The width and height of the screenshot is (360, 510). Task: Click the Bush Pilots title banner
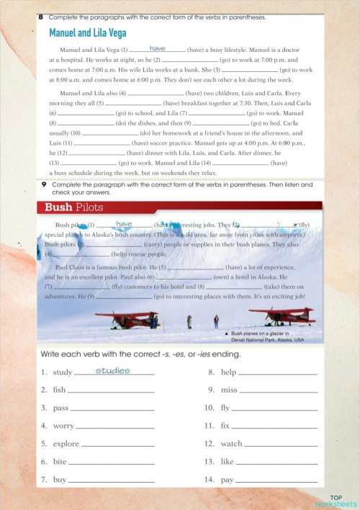click(x=74, y=207)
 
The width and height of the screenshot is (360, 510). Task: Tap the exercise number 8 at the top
click(x=41, y=16)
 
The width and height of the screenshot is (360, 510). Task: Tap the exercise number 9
click(x=43, y=185)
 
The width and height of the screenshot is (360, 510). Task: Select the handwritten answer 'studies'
click(x=112, y=371)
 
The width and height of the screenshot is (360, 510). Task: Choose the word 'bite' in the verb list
click(x=60, y=462)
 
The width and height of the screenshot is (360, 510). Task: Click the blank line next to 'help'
click(x=277, y=375)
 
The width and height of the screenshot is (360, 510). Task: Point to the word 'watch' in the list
click(x=231, y=444)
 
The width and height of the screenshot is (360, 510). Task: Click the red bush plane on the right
click(x=281, y=316)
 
